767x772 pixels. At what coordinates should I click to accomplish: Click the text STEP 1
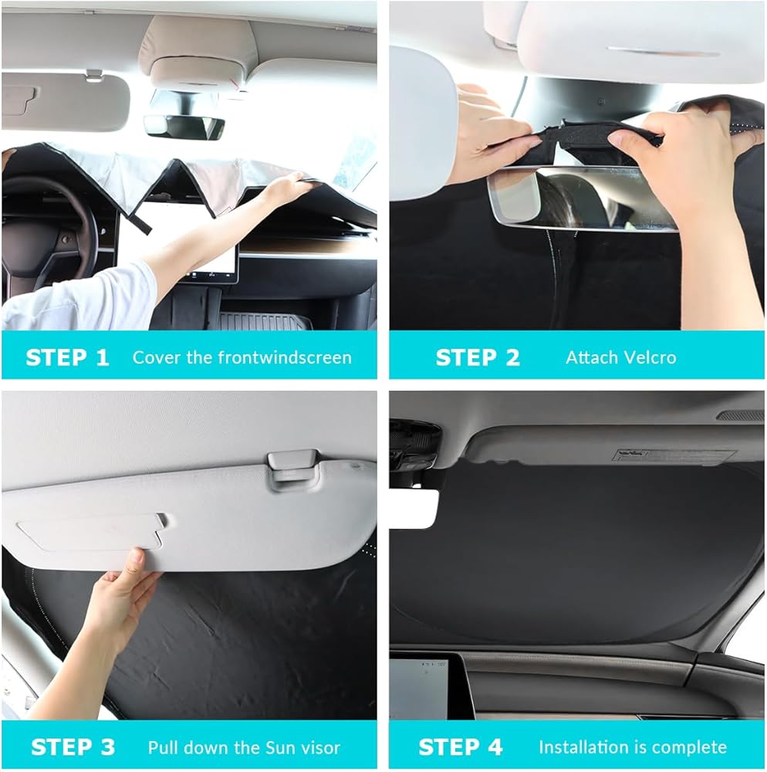point(67,357)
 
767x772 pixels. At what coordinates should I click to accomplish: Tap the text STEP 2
point(477,357)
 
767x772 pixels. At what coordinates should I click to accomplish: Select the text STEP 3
point(73,747)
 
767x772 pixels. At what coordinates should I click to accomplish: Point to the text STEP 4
point(460,747)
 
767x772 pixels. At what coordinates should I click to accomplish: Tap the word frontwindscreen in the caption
point(285,357)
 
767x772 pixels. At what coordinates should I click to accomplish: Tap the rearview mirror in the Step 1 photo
point(184,127)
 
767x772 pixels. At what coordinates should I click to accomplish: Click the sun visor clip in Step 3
point(291,469)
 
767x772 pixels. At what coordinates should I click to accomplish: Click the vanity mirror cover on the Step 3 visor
point(91,532)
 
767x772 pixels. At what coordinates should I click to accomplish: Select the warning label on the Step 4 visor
point(674,455)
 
